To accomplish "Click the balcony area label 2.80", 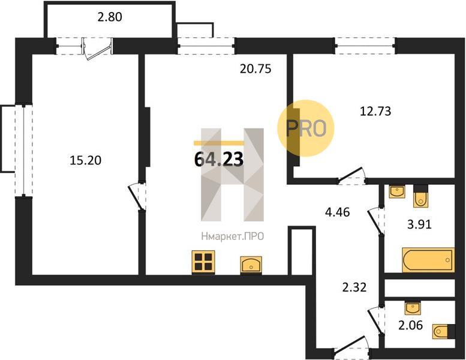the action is click(x=110, y=17).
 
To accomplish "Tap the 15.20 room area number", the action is click(x=85, y=161).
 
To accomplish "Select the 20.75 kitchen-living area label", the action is click(x=255, y=69).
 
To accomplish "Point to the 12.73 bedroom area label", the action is click(x=375, y=111).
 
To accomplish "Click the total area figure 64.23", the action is click(x=219, y=159).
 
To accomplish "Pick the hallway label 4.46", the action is click(x=337, y=212).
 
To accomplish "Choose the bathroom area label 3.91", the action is click(x=419, y=224).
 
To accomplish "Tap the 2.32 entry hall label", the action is click(x=354, y=287).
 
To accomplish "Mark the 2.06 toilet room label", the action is click(x=410, y=325).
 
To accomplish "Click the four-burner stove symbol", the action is click(x=203, y=262).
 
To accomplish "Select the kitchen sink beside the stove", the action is click(x=251, y=264).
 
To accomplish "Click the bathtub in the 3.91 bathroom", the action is click(x=428, y=260).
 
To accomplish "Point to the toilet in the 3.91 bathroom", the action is click(x=420, y=196).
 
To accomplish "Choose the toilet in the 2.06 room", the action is click(x=444, y=331).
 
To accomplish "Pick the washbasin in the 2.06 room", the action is click(x=413, y=308).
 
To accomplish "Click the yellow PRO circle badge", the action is click(x=306, y=128).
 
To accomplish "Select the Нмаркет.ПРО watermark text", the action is click(x=233, y=236).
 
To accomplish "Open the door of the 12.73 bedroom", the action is click(x=351, y=175).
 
